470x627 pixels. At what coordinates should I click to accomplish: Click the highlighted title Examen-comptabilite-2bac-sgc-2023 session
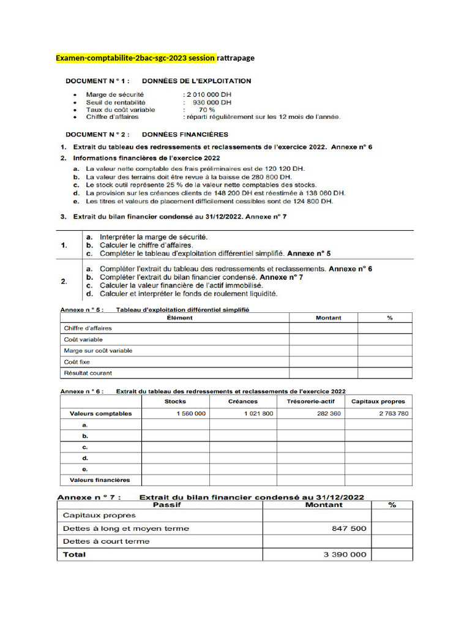click(135, 58)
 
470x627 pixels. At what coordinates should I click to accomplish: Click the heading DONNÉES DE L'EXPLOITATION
click(196, 81)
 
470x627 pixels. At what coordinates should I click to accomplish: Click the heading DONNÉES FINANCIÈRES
click(185, 134)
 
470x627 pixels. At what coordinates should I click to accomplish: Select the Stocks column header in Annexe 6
click(176, 402)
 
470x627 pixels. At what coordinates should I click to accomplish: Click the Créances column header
click(243, 402)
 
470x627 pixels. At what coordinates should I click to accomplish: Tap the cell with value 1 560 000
click(191, 414)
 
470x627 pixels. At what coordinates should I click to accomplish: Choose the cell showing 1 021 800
click(258, 414)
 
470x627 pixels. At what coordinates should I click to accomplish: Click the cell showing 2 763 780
click(394, 414)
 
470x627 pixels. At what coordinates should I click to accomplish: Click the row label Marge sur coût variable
click(98, 351)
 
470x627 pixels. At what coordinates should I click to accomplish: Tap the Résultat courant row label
click(88, 373)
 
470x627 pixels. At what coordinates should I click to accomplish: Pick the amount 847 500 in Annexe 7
click(351, 528)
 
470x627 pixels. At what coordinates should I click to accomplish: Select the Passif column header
click(162, 505)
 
